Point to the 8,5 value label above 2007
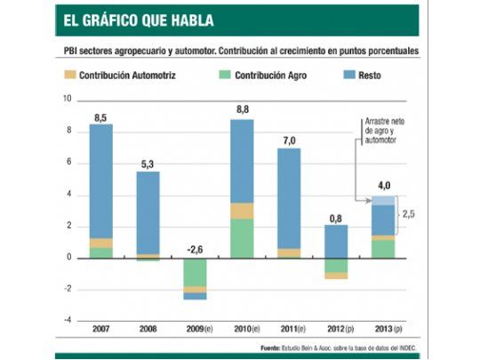tap(100, 116)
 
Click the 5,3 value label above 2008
tap(148, 163)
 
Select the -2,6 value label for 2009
tap(195, 250)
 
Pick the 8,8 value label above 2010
tap(242, 110)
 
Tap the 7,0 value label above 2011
tap(288, 140)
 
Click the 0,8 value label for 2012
tap(335, 217)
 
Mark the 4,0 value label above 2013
tap(382, 186)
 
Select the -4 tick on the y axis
tap(68, 321)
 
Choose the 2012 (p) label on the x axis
tap(335, 331)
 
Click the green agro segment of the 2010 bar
tap(242, 238)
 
